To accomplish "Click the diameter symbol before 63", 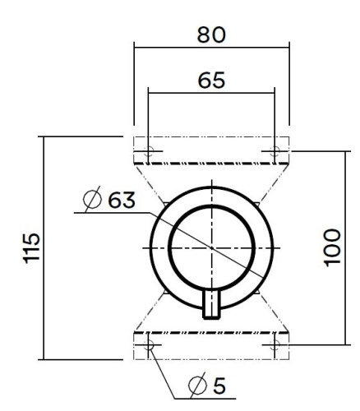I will pyautogui.click(x=92, y=200).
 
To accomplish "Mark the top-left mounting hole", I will pyautogui.click(x=148, y=151).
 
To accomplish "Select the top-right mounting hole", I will pyautogui.click(x=275, y=151).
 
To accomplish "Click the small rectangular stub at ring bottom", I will pyautogui.click(x=211, y=303).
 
